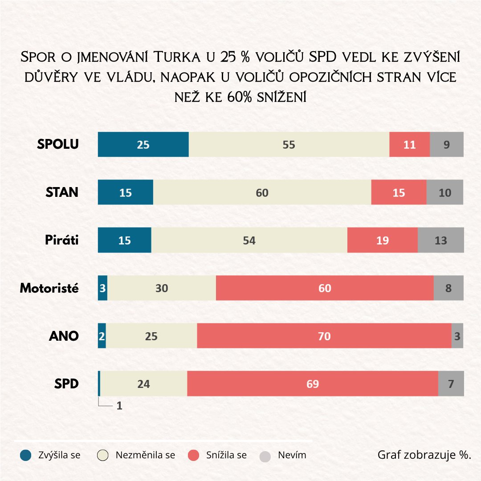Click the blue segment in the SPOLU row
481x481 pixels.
[x=143, y=144]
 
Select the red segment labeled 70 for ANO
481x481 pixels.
[x=324, y=336]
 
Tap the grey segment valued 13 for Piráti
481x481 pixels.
[x=440, y=240]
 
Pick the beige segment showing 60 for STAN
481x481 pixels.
[x=262, y=192]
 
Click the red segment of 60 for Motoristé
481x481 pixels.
[x=325, y=288]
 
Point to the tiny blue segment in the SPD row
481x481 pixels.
[x=99, y=383]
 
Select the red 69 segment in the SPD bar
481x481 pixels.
[x=313, y=383]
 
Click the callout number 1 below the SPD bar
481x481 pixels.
[x=119, y=406]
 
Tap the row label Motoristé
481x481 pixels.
[x=49, y=288]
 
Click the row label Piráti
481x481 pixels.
[x=61, y=240]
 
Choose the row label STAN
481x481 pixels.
[x=62, y=192]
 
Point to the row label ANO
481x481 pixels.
[x=64, y=336]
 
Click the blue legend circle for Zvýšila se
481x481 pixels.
[x=26, y=456]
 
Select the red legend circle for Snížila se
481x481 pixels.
[x=193, y=456]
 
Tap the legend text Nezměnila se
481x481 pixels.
[x=145, y=455]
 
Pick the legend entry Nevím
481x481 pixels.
[x=292, y=455]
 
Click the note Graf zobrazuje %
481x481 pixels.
[x=424, y=455]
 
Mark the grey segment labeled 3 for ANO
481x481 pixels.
[x=457, y=336]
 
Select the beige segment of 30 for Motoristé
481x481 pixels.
[x=162, y=288]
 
